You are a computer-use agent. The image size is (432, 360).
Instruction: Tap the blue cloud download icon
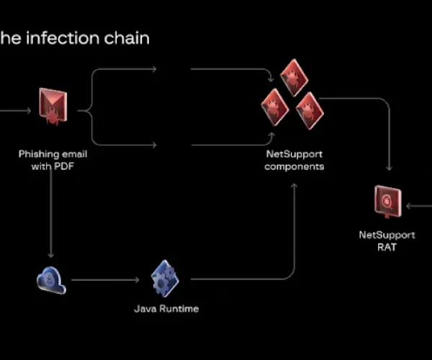click(x=51, y=279)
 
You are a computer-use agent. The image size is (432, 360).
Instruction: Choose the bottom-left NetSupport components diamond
click(x=275, y=107)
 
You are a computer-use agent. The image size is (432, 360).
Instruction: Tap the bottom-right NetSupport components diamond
click(x=310, y=109)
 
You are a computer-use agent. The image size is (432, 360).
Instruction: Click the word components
click(x=294, y=166)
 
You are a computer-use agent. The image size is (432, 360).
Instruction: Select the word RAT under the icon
click(x=387, y=247)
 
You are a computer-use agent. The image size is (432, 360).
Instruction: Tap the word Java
click(x=145, y=309)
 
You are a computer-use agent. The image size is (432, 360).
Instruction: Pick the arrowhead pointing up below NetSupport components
click(x=294, y=186)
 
